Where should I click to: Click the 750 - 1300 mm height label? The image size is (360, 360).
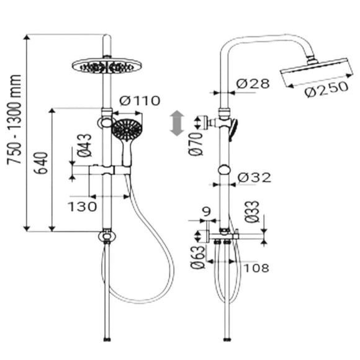tap(14, 120)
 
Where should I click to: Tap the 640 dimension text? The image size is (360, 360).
tap(41, 163)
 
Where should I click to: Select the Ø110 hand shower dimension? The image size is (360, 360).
tap(140, 101)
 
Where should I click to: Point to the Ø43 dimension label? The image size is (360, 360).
tap(84, 145)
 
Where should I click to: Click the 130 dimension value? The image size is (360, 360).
tap(83, 207)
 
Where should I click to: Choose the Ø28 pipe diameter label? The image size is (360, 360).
tap(253, 84)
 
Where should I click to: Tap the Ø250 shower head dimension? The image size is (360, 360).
tap(326, 89)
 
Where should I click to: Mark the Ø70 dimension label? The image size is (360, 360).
tap(196, 144)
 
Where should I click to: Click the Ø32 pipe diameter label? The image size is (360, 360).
tap(254, 178)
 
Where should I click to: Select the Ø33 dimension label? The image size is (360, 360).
tap(251, 212)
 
